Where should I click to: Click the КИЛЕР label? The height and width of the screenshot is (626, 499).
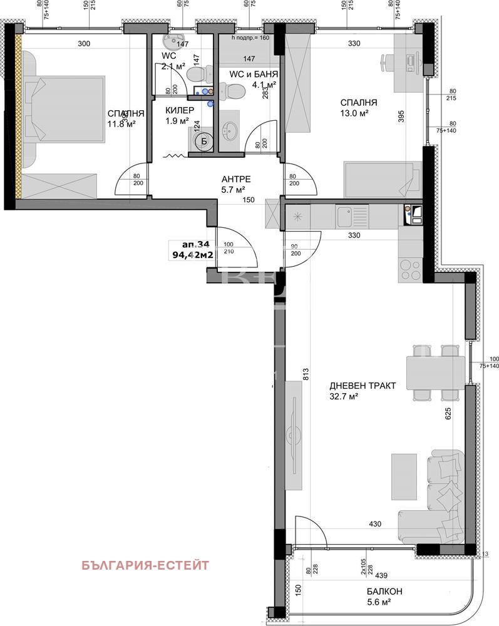pyautogui.click(x=178, y=110)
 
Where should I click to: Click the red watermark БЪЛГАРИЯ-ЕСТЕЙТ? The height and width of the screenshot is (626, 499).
pyautogui.click(x=145, y=565)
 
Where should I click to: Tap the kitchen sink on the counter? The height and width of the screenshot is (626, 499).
pyautogui.click(x=345, y=217)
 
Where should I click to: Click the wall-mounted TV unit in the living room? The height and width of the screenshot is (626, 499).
pyautogui.click(x=293, y=433)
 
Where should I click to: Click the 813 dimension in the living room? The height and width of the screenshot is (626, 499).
pyautogui.click(x=306, y=374)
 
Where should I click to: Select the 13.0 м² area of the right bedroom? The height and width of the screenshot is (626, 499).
pyautogui.click(x=354, y=113)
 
